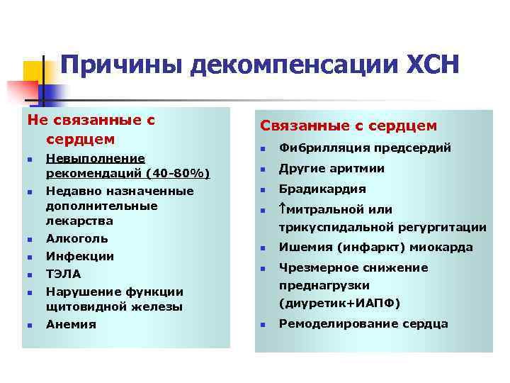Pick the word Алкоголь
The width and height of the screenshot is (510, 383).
tap(77, 238)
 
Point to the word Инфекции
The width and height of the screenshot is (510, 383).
tap(80, 256)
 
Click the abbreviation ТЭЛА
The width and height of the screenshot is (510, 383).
tap(63, 274)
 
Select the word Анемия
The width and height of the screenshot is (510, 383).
tap(71, 324)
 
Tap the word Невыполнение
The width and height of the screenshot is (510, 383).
tap(96, 158)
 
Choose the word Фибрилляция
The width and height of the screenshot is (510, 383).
tap(323, 148)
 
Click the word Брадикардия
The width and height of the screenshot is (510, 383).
tap(322, 189)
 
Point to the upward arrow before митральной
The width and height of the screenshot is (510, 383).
tap(283, 210)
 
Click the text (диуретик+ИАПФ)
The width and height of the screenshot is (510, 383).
tap(339, 304)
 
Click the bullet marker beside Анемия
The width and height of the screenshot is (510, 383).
tap(29, 326)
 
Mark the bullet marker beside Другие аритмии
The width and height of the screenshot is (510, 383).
tap(261, 170)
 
